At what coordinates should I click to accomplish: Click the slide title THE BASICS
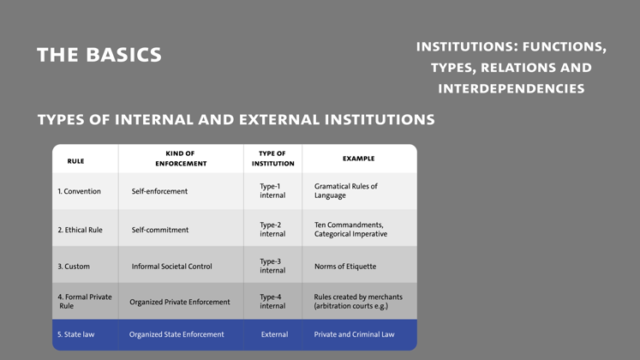click(99, 55)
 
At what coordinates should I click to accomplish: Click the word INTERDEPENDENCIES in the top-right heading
click(511, 88)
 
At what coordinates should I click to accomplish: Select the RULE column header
click(76, 161)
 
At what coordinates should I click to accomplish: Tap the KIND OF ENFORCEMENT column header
click(181, 159)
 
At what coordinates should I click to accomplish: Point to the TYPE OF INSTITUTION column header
click(272, 159)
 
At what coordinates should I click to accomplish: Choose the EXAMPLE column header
click(358, 159)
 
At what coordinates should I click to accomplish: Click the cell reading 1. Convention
click(79, 191)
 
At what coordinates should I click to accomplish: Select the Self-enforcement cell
click(159, 191)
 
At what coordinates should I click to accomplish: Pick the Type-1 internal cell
click(272, 190)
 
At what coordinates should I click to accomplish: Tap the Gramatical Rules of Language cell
click(346, 190)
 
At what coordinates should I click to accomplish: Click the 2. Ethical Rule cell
click(80, 230)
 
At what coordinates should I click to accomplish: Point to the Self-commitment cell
click(160, 230)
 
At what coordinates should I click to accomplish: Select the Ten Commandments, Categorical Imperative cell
click(350, 230)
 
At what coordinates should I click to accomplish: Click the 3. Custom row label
click(74, 266)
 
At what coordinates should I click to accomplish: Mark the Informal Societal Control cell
click(172, 266)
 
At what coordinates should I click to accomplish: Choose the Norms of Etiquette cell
click(345, 266)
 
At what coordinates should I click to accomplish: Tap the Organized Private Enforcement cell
click(180, 302)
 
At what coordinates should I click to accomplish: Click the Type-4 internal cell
click(272, 301)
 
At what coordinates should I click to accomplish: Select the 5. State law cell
click(76, 334)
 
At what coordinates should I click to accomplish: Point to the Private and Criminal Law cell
click(355, 334)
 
